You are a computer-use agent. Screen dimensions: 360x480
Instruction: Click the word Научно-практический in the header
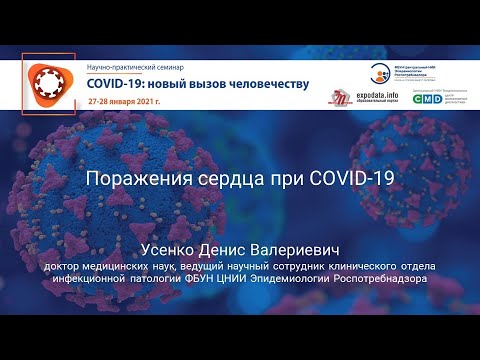tap(119, 64)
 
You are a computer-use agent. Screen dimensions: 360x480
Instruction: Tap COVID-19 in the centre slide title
tap(338, 180)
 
